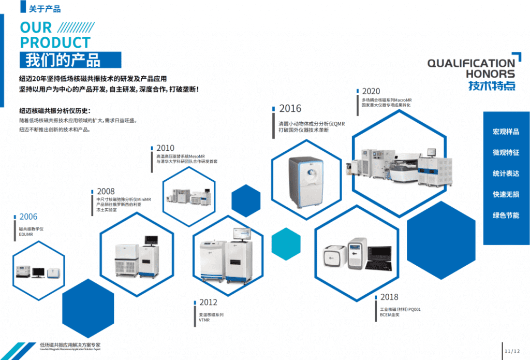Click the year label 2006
coord(28,217)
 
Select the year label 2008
coord(106,191)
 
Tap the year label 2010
coord(165,148)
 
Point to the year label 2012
coord(208,303)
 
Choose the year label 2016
coord(290,109)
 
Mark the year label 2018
coord(389,297)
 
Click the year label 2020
coord(371,91)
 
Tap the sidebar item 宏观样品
coord(506,132)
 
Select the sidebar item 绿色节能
coord(506,215)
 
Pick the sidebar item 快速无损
coord(506,194)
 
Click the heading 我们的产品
coord(63,60)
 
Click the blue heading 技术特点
coord(492,86)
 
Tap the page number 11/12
coord(512,351)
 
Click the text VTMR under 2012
coord(205,321)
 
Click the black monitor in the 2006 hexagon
coord(38,272)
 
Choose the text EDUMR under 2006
coord(26,234)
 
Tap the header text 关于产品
coord(45,8)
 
